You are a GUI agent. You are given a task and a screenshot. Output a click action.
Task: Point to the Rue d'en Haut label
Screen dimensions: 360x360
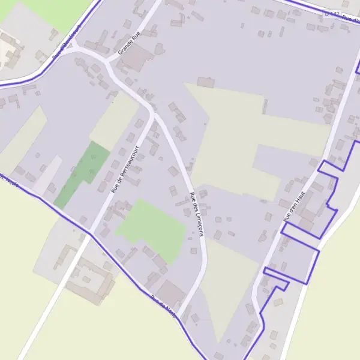(x=295, y=207)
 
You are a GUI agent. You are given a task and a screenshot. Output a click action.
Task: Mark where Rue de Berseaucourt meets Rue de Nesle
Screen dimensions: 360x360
(x=90, y=233)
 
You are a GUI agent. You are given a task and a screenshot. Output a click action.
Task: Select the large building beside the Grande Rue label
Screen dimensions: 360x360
(x=140, y=59)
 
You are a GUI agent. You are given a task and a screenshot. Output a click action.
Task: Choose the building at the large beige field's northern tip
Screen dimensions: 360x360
(x=205, y=82)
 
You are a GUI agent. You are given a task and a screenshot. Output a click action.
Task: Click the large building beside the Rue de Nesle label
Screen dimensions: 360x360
(x=170, y=292)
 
